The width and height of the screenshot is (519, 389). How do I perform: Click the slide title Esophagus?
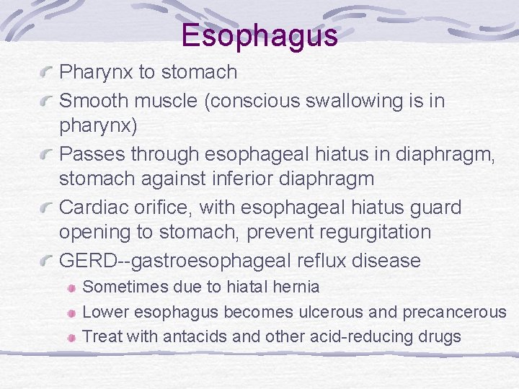pyautogui.click(x=259, y=35)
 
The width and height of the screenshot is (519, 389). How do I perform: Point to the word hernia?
pyautogui.click(x=296, y=287)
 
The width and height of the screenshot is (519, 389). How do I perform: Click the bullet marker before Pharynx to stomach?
pyautogui.click(x=48, y=73)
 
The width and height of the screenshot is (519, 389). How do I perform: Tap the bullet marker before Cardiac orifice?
pyautogui.click(x=48, y=208)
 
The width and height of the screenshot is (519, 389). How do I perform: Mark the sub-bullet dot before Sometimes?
pyautogui.click(x=72, y=287)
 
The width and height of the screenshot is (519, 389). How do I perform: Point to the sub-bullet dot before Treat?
pyautogui.click(x=72, y=337)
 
